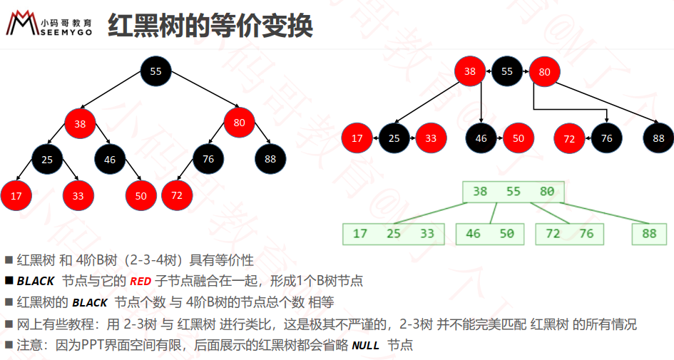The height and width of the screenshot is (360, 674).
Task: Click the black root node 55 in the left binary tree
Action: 155,71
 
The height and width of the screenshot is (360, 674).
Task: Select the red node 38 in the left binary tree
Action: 80,124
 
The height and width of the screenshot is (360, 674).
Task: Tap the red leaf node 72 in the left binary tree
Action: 177,195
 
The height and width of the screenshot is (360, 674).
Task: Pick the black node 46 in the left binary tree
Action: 110,160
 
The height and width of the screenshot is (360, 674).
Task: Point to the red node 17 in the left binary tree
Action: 16,196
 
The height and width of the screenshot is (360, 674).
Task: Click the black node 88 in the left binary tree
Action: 270,159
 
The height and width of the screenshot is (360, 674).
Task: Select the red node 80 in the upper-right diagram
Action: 544,72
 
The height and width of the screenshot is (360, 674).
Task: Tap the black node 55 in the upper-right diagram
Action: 507,71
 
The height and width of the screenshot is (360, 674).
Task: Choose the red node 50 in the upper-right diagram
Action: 519,138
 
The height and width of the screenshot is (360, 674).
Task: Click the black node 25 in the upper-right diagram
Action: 394,138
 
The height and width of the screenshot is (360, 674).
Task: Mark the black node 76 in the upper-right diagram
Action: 606,138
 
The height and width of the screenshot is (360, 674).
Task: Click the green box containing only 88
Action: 649,234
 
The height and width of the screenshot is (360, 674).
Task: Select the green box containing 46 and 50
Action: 490,234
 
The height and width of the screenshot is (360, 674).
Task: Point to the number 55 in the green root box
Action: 514,192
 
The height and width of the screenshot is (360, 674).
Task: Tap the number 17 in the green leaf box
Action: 359,234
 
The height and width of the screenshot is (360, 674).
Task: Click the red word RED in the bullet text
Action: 141,282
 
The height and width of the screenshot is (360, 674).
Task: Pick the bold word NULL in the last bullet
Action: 365,346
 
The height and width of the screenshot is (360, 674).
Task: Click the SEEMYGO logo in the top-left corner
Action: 48,24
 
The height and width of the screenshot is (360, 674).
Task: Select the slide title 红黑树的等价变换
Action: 210,26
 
